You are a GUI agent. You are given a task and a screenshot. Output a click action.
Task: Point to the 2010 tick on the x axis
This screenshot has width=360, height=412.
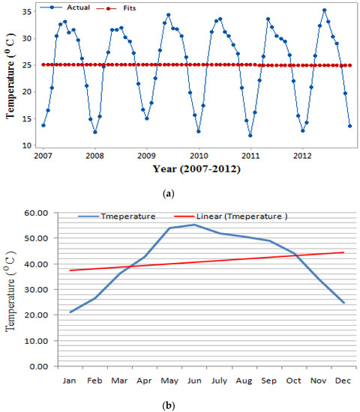[199, 156]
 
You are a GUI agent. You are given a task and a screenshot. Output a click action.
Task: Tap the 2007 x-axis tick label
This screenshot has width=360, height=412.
[43, 156]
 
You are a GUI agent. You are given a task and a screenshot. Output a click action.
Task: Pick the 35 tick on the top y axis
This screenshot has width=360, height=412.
[28, 12]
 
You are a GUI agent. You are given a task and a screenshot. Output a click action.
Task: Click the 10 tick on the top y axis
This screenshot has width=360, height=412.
[28, 145]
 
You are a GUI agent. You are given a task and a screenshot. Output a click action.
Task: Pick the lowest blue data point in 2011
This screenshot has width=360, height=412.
[250, 136]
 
